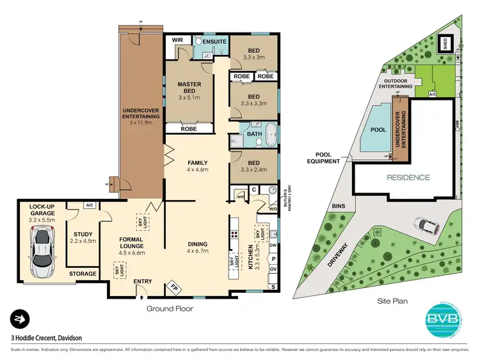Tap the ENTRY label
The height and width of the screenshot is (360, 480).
tap(143, 281)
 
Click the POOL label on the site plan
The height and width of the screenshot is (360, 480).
tap(378, 130)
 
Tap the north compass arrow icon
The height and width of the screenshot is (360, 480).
tap(19, 319)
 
